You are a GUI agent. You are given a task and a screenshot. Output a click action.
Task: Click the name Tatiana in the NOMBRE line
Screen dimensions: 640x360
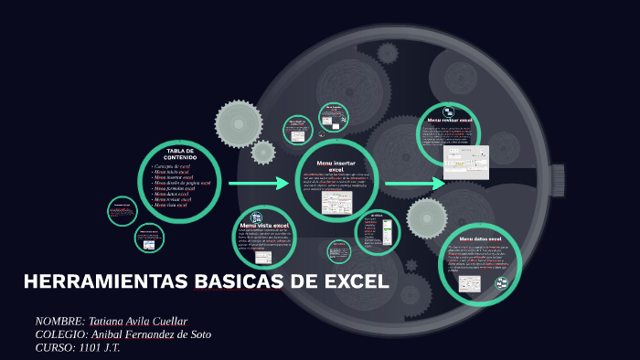click(109, 322)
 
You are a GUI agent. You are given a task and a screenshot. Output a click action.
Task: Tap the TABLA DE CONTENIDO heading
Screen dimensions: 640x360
click(181, 154)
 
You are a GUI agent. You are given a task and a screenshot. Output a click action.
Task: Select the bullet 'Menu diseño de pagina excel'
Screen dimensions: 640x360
click(183, 183)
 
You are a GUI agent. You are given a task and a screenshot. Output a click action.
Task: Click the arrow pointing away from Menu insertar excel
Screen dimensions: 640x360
click(414, 184)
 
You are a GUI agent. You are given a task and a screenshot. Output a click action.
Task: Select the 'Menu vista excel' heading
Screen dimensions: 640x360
click(264, 225)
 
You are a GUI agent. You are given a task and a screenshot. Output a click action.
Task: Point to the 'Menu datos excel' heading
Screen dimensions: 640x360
click(480, 239)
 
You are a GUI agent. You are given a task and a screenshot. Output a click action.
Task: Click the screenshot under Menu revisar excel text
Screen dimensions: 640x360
click(466, 162)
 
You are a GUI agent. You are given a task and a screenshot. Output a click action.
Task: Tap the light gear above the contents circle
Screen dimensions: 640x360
click(239, 124)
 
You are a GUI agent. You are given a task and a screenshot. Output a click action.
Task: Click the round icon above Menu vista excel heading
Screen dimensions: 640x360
click(257, 217)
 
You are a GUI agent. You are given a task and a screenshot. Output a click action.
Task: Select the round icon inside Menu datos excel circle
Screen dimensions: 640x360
click(501, 284)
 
